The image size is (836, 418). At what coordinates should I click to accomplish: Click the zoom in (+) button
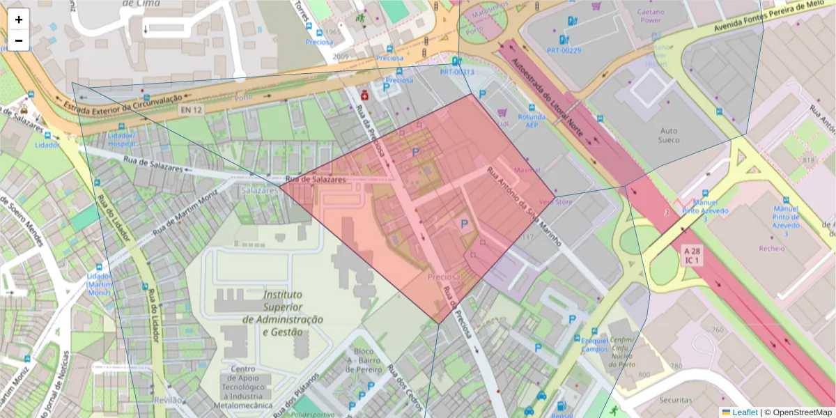(x=19, y=20)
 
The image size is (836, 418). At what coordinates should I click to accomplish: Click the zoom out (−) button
(x=19, y=40)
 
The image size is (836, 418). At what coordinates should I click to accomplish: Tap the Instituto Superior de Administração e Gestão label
(x=283, y=313)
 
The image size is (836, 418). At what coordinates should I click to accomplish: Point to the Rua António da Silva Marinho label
(x=524, y=206)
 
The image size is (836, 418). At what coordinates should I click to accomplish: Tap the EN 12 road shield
(x=190, y=110)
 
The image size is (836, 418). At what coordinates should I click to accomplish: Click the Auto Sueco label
(x=668, y=135)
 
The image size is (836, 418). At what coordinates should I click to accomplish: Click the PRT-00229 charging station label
(x=564, y=51)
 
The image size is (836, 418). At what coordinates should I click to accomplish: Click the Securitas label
(x=675, y=400)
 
